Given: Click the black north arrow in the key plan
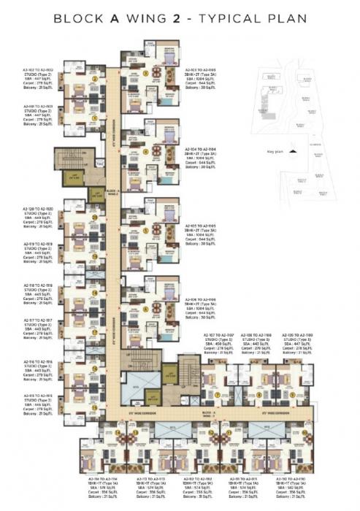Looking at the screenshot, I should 293,151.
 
